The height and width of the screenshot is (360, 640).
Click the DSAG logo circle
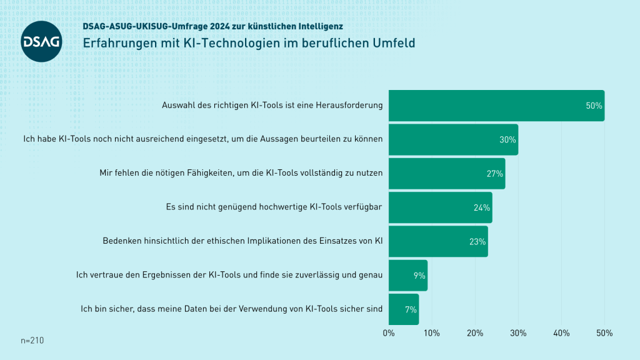pyautogui.click(x=42, y=41)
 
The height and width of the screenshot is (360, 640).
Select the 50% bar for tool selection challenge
pyautogui.click(x=496, y=106)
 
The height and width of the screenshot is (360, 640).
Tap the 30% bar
pyautogui.click(x=453, y=139)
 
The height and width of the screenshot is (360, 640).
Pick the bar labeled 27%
pyautogui.click(x=446, y=173)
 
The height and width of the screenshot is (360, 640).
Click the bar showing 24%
pyautogui.click(x=440, y=207)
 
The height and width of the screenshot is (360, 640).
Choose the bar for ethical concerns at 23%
pyautogui.click(x=437, y=241)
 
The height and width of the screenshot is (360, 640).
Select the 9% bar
pyautogui.click(x=407, y=275)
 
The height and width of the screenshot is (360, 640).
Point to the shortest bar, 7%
pyautogui.click(x=403, y=309)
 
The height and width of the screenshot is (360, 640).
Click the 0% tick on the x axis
pyautogui.click(x=389, y=332)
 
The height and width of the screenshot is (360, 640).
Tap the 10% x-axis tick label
pyautogui.click(x=431, y=332)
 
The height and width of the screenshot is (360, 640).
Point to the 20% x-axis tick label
pyautogui.click(x=475, y=332)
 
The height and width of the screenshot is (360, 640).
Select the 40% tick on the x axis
pyautogui.click(x=561, y=332)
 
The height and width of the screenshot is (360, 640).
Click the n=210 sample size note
pyautogui.click(x=32, y=341)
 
